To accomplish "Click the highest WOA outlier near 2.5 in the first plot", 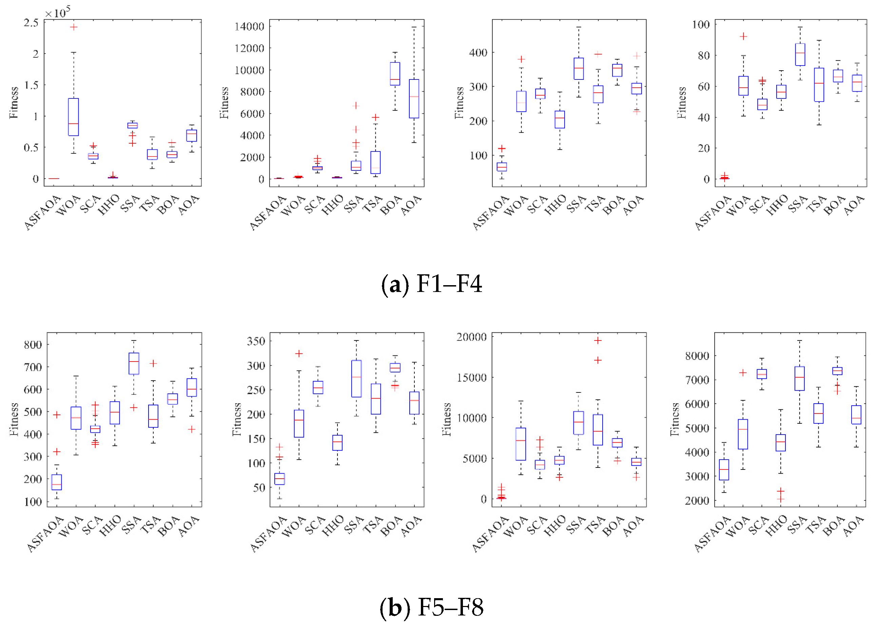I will click(74, 27).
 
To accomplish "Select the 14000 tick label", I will click(250, 26).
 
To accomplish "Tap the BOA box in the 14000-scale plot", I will click(395, 74).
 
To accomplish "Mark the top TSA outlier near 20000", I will click(598, 341).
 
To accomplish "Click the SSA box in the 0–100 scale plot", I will click(800, 54).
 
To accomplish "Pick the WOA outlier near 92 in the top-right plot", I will click(743, 37).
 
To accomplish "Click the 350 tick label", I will click(256, 342).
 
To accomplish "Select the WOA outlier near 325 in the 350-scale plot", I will click(299, 354).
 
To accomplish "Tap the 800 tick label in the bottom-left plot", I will click(33, 345).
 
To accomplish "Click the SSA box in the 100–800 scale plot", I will click(134, 364).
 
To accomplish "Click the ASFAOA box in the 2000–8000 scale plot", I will click(724, 470).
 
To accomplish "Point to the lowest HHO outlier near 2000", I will click(780, 500).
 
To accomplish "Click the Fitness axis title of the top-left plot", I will click(14, 103).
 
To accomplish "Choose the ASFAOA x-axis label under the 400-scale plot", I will click(490, 214).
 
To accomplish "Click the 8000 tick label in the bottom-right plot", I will click(697, 356).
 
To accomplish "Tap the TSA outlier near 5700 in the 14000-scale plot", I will click(375, 117).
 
